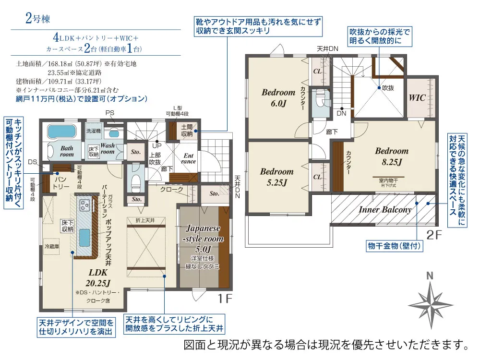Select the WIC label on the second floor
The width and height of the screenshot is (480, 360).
tap(417, 97)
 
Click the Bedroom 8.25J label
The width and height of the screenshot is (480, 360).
tap(392, 156)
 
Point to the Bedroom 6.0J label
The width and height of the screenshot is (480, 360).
tap(278, 97)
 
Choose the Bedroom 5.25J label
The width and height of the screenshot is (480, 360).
tap(276, 176)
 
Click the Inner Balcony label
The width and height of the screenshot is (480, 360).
tap(385, 210)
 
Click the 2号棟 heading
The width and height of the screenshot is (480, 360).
tap(36, 20)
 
